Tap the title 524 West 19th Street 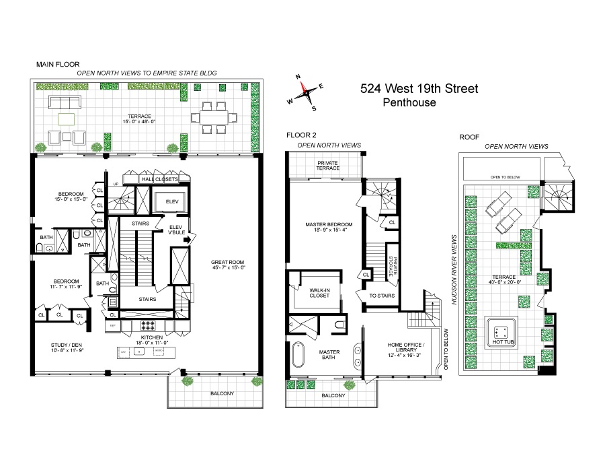coord(419,88)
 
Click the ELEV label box coord(166,201)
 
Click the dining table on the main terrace coord(214,117)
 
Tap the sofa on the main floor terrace coord(64,103)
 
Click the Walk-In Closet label coord(319,293)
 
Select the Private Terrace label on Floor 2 coord(324,165)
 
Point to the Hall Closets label coord(159,180)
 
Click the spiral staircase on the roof coord(557,197)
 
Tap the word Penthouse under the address coord(409,103)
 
